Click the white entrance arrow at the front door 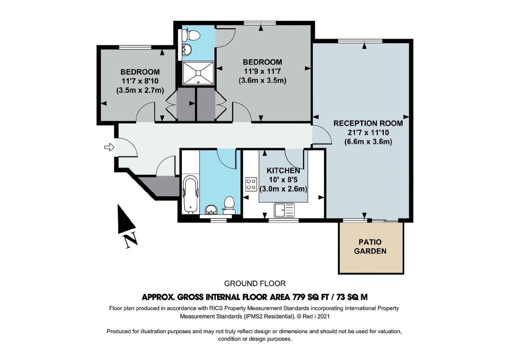pyautogui.click(x=109, y=147)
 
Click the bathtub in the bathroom pyautogui.click(x=191, y=194)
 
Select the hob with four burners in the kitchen pyautogui.click(x=251, y=184)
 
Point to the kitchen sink pyautogui.click(x=284, y=210)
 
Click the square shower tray pyautogui.click(x=198, y=73)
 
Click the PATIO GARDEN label pyautogui.click(x=370, y=246)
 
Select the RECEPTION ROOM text pyautogui.click(x=368, y=123)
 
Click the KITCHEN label pyautogui.click(x=283, y=170)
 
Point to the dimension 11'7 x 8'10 pyautogui.click(x=140, y=81)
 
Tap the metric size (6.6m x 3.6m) pyautogui.click(x=368, y=142)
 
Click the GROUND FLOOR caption pyautogui.click(x=255, y=284)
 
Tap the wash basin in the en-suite pyautogui.click(x=187, y=49)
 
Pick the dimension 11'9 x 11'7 pyautogui.click(x=262, y=71)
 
